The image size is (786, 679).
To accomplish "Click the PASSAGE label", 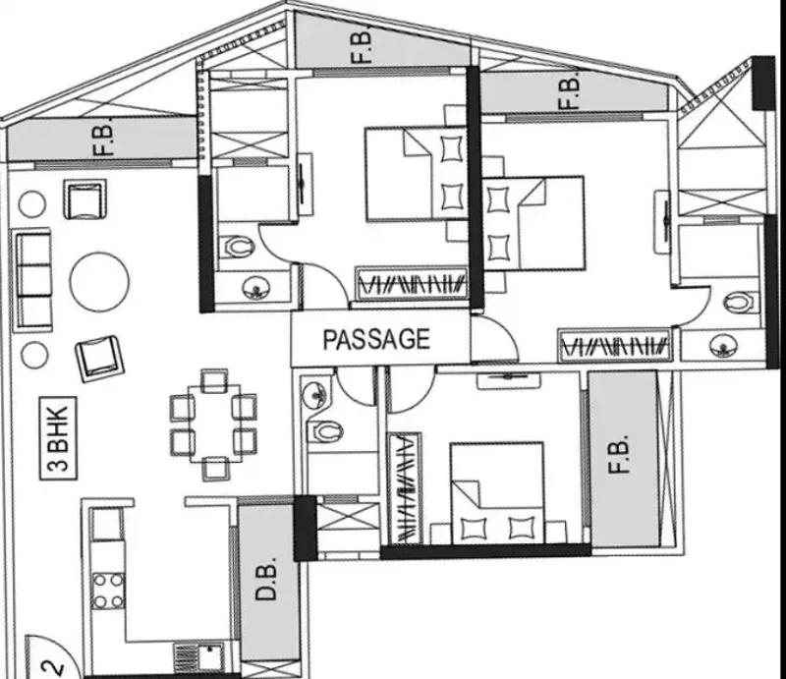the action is (x=376, y=339).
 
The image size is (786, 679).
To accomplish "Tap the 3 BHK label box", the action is (x=59, y=438).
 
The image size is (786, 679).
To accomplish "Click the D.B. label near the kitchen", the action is (x=265, y=578).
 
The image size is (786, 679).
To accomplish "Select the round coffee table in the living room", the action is (x=99, y=282).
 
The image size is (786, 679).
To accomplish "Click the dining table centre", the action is (x=213, y=424).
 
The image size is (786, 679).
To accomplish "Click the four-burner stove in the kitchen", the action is (x=108, y=591).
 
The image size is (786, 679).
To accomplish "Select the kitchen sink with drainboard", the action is (x=199, y=657).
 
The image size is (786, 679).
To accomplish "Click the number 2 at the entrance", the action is (x=55, y=668).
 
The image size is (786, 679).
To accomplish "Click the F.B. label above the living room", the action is (x=104, y=140).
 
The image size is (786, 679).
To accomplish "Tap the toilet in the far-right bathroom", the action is (x=739, y=302).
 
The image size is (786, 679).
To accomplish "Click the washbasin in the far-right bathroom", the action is (x=724, y=346).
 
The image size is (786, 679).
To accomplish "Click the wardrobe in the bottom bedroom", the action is (x=406, y=488).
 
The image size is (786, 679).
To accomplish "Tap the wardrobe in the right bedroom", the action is (x=615, y=345).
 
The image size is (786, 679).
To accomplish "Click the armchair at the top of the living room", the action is (x=84, y=199).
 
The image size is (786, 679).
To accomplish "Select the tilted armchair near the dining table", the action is (x=99, y=358).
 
